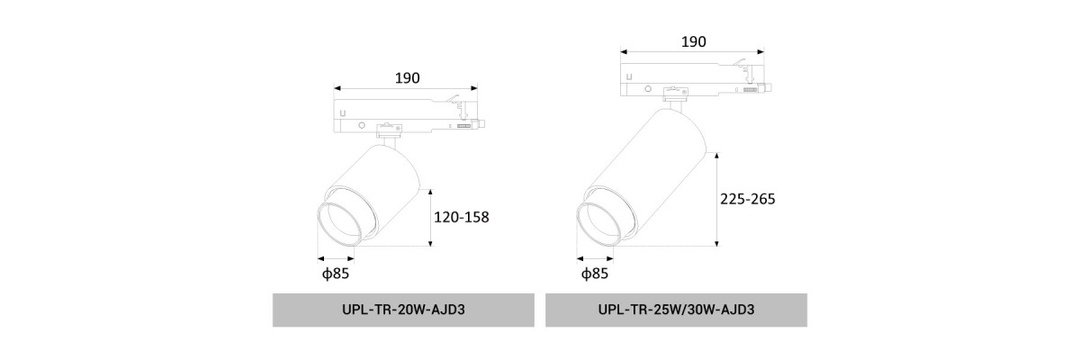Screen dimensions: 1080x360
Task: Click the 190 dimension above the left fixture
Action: coord(408,78)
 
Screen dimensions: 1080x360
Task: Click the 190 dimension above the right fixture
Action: coord(694,42)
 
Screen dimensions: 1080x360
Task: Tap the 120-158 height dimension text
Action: coord(462,217)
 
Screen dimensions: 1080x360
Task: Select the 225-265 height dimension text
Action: coord(748,199)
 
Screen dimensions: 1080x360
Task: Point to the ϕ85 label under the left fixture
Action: coord(336,274)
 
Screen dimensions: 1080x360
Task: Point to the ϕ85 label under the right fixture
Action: coord(595,274)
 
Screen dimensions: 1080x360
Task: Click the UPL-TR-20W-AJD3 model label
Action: coord(403,310)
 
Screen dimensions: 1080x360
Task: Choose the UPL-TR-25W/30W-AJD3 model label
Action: coord(676,310)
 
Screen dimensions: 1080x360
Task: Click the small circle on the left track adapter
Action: coord(362,125)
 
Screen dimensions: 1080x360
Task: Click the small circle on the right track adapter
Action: coord(648,89)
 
